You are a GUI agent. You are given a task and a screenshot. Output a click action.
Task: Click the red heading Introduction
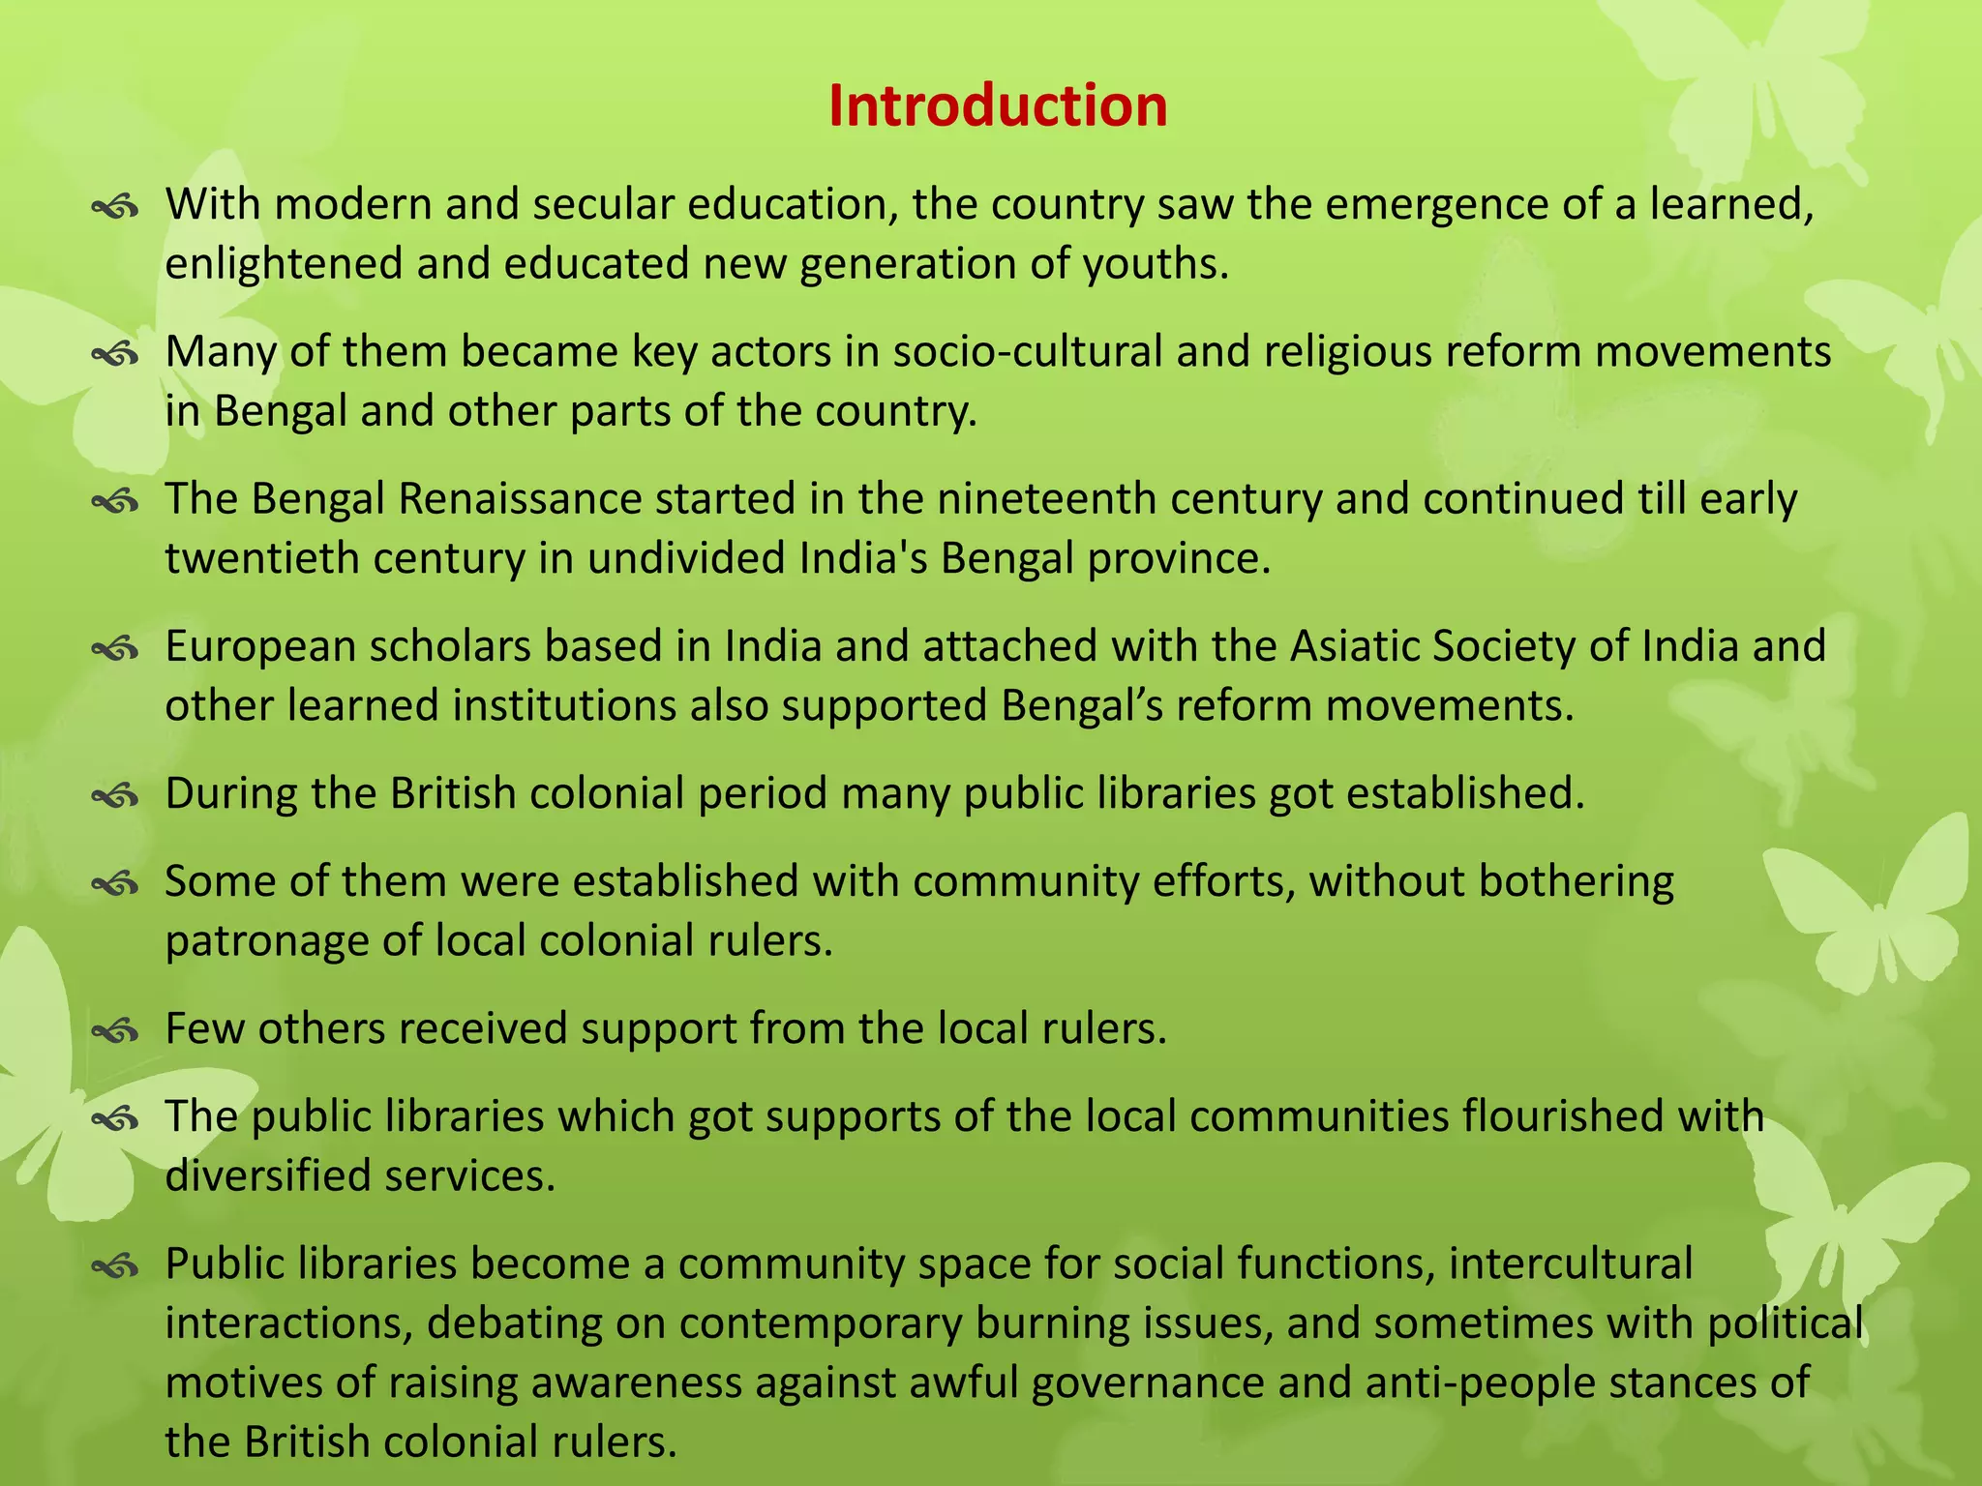click(x=998, y=105)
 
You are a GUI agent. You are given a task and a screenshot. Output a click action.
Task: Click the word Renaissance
click(x=520, y=499)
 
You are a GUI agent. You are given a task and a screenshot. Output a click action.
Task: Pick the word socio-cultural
click(x=1027, y=352)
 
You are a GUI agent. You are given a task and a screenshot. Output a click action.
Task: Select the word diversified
click(x=266, y=1176)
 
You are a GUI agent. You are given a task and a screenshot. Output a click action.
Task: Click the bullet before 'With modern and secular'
click(x=116, y=207)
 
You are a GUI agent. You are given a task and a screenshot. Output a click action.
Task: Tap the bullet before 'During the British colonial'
click(x=116, y=796)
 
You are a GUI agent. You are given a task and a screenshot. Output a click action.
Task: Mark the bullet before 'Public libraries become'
click(x=116, y=1266)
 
